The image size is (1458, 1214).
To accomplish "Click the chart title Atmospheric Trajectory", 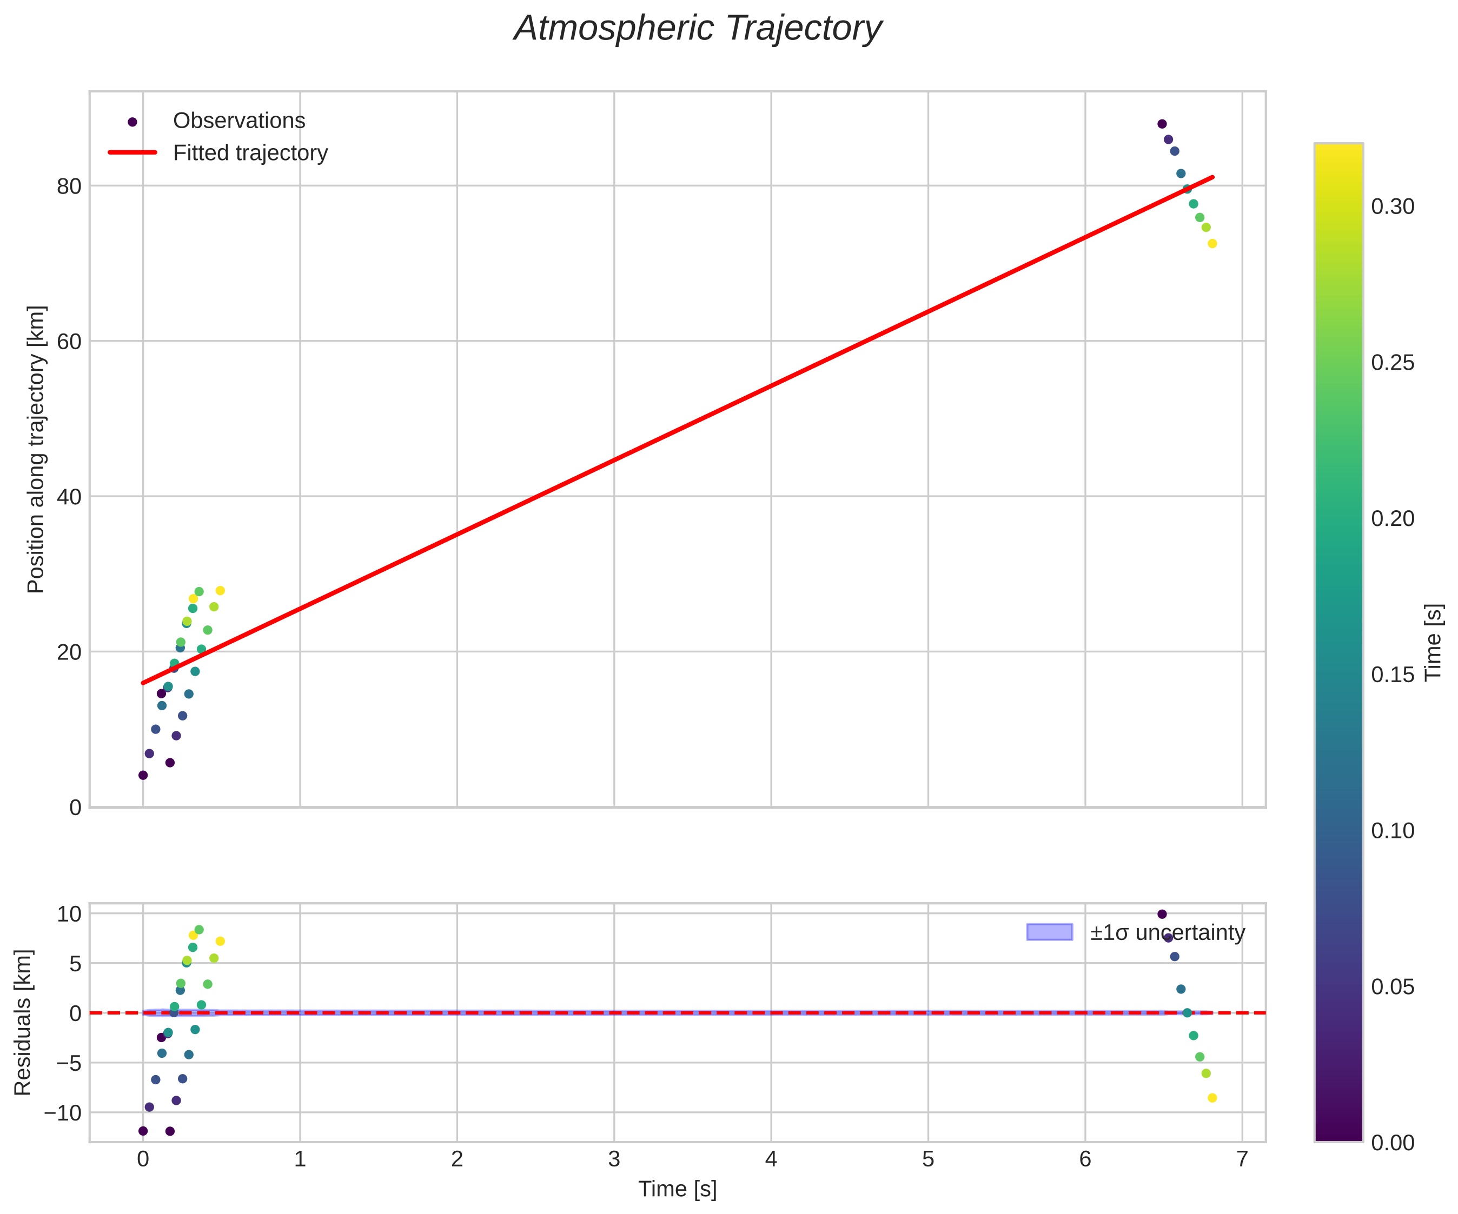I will pyautogui.click(x=697, y=29).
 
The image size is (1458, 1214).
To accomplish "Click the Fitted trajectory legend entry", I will pyautogui.click(x=250, y=153).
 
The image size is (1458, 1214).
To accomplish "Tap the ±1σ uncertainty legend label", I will pyautogui.click(x=1167, y=932).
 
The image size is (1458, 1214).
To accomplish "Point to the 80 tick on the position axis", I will pyautogui.click(x=69, y=186).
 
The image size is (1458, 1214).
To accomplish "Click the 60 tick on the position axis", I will pyautogui.click(x=69, y=342).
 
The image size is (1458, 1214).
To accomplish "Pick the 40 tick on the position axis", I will pyautogui.click(x=69, y=497).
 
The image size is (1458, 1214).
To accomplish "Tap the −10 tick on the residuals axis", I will pyautogui.click(x=63, y=1113).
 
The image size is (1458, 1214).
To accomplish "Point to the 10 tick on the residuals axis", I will pyautogui.click(x=69, y=914).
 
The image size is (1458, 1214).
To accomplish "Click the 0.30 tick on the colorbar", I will pyautogui.click(x=1392, y=207).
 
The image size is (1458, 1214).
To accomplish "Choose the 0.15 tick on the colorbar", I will pyautogui.click(x=1392, y=675).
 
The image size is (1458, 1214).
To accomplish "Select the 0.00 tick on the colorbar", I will pyautogui.click(x=1392, y=1143).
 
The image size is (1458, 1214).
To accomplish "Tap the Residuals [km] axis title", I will pyautogui.click(x=23, y=1023).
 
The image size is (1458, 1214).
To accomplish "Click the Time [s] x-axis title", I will pyautogui.click(x=677, y=1189).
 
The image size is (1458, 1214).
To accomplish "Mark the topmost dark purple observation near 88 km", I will pyautogui.click(x=1162, y=124).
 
